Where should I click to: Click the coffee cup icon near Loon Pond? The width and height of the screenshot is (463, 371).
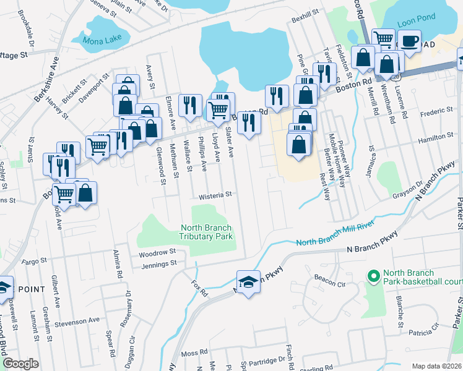(x=409, y=41)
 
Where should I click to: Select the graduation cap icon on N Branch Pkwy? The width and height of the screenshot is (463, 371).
(x=248, y=283)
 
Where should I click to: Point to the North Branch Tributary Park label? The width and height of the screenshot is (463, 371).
(x=206, y=232)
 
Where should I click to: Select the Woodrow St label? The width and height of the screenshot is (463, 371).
(x=158, y=252)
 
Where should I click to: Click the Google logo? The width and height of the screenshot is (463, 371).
(x=20, y=364)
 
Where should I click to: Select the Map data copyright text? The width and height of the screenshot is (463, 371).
(x=436, y=366)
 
